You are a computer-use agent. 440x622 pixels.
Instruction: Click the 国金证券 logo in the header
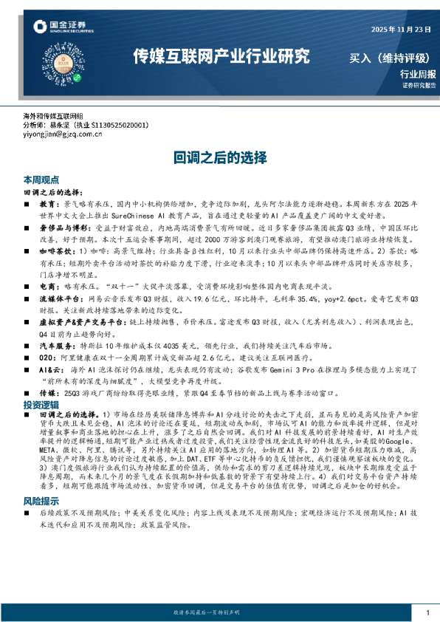point(63,27)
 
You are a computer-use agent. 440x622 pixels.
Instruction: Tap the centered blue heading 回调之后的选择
point(219,157)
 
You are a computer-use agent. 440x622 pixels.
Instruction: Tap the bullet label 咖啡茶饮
point(56,251)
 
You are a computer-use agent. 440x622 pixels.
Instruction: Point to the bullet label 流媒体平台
point(58,298)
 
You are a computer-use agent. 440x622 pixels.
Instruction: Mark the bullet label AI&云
point(50,367)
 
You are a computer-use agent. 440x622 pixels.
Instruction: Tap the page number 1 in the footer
point(427,612)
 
